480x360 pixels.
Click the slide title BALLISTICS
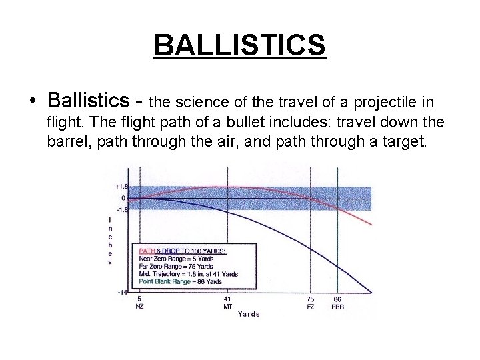pyautogui.click(x=239, y=45)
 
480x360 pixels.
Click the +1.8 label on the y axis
pyautogui.click(x=121, y=187)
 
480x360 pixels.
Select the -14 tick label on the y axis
pyautogui.click(x=122, y=292)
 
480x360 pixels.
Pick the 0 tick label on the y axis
pyautogui.click(x=123, y=199)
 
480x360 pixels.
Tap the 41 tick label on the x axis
pyautogui.click(x=227, y=299)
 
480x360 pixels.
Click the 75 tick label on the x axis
pyautogui.click(x=310, y=299)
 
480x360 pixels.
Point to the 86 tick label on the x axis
pyautogui.click(x=337, y=299)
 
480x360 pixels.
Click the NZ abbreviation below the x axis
pyautogui.click(x=139, y=307)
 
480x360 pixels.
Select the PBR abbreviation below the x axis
pyautogui.click(x=337, y=307)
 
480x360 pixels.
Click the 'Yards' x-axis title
pyautogui.click(x=249, y=314)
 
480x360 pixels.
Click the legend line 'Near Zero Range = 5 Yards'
pyautogui.click(x=175, y=259)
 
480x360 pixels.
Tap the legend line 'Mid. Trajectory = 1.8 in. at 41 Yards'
pyautogui.click(x=188, y=274)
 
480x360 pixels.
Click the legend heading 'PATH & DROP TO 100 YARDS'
pyautogui.click(x=182, y=251)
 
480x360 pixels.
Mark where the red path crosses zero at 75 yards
pyautogui.click(x=310, y=199)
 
